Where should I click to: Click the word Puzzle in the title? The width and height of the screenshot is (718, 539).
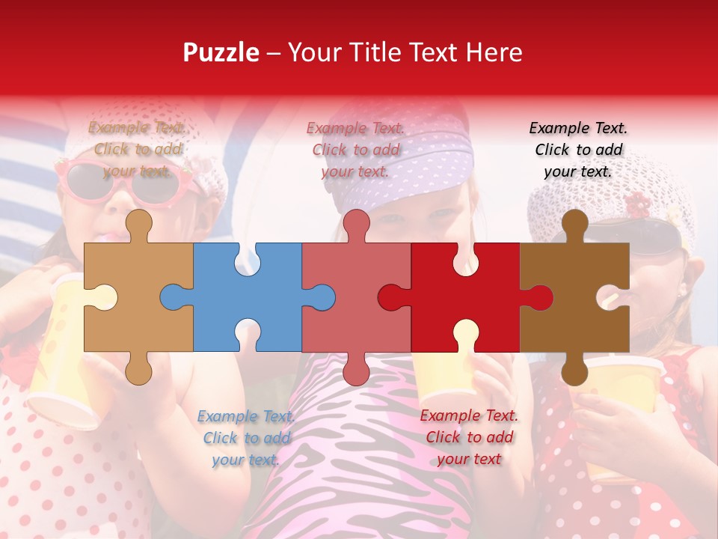click(221, 52)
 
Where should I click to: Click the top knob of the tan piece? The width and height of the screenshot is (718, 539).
click(138, 223)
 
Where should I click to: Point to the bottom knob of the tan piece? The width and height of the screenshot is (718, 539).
click(138, 368)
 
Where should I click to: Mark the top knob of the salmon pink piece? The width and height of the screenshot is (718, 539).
click(356, 223)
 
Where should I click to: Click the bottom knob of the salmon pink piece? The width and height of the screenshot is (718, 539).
click(356, 368)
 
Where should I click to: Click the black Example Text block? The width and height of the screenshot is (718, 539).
click(578, 150)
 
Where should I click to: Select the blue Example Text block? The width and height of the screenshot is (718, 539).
click(245, 438)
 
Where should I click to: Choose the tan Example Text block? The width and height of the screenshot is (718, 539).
click(137, 150)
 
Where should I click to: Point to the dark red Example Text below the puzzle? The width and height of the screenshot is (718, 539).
click(469, 437)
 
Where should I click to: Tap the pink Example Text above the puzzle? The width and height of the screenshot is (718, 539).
click(355, 150)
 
